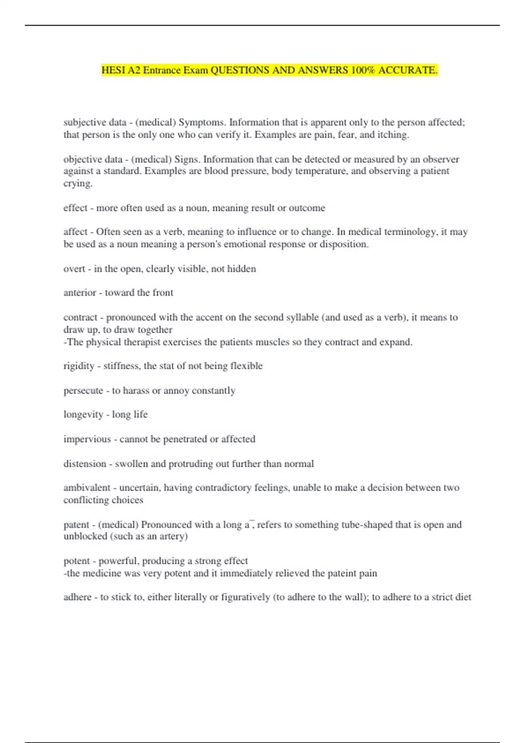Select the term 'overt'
click(74, 269)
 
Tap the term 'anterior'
click(80, 293)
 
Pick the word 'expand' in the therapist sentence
click(396, 342)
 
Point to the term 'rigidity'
click(79, 366)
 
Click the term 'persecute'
click(83, 390)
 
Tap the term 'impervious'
click(87, 439)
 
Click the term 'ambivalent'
click(87, 488)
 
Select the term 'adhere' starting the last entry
click(77, 597)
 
